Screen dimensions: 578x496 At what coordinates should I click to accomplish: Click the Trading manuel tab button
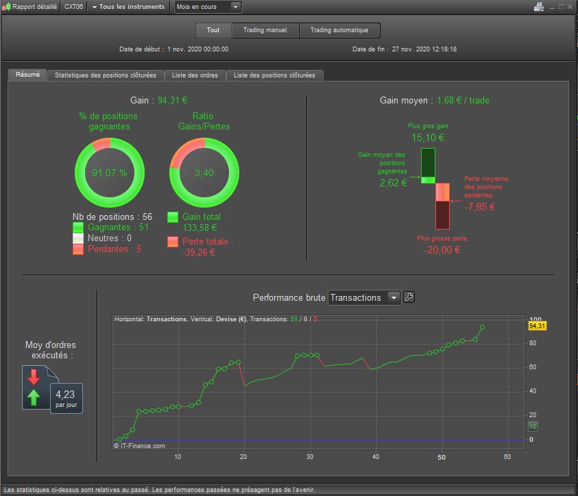tap(265, 30)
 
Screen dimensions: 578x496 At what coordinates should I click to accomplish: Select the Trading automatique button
tap(339, 30)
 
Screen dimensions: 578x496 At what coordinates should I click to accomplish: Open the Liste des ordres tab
tap(195, 75)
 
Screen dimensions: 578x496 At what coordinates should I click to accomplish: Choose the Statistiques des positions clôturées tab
tap(106, 75)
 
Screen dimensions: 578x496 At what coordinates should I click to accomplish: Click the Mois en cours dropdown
tap(208, 7)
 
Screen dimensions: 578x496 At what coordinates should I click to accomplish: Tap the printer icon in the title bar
tap(539, 7)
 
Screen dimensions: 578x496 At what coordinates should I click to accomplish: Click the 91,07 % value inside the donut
tap(110, 173)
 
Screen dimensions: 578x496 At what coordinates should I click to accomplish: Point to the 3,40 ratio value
tap(204, 173)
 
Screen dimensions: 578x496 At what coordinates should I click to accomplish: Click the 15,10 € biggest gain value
tap(428, 138)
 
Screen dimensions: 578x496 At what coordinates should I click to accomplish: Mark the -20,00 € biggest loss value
tap(442, 250)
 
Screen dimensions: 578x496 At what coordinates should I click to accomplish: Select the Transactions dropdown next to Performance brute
tap(364, 297)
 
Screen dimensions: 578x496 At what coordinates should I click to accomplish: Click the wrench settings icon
tap(409, 297)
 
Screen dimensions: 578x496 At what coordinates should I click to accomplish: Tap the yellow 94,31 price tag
tap(537, 326)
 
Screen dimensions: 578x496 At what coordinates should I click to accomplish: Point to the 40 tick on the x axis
tap(376, 456)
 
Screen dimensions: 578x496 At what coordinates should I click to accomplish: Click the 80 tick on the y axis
tap(533, 343)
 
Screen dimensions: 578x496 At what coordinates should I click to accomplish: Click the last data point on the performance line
tap(482, 327)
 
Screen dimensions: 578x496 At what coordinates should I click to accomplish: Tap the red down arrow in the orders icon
tap(34, 377)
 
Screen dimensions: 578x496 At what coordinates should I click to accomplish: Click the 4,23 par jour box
tap(67, 399)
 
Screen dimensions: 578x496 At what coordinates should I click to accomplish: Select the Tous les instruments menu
tap(128, 7)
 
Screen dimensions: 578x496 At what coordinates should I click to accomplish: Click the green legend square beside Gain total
tap(173, 217)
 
